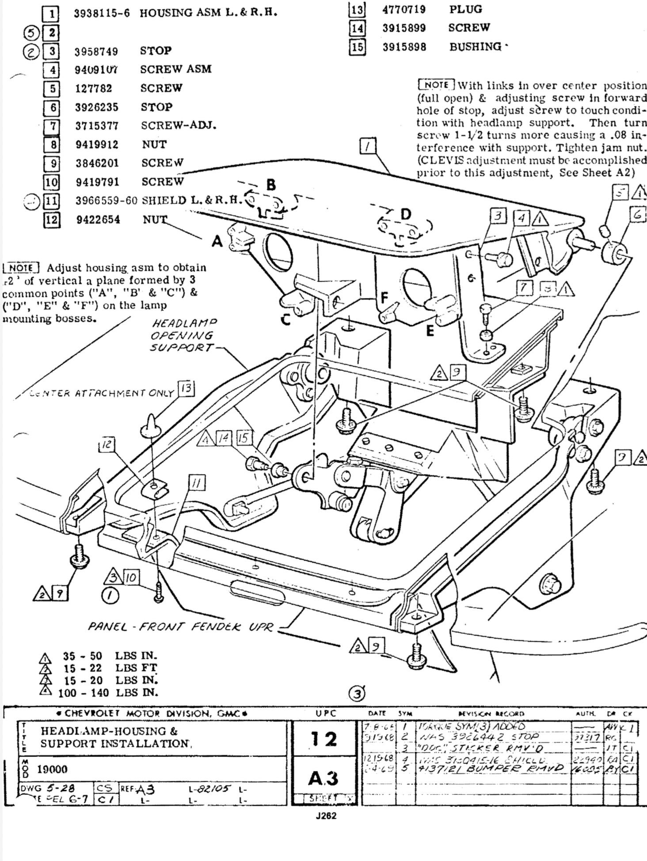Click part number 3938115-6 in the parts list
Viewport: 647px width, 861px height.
click(102, 13)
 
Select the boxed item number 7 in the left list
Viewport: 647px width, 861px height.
click(52, 126)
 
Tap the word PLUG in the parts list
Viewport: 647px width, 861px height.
click(466, 9)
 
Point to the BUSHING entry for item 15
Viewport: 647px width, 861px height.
click(476, 46)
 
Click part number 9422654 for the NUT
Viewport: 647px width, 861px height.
click(98, 220)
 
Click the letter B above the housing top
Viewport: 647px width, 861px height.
click(271, 185)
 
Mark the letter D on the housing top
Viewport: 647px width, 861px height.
click(405, 214)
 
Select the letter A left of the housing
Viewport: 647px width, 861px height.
click(217, 241)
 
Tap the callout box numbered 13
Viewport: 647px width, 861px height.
click(186, 389)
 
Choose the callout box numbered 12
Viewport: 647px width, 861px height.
click(107, 445)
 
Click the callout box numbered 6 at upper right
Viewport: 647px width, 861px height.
click(637, 215)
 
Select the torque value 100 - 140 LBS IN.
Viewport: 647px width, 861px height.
click(108, 692)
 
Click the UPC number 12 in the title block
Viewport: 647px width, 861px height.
click(324, 739)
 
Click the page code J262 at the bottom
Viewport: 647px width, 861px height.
click(326, 816)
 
